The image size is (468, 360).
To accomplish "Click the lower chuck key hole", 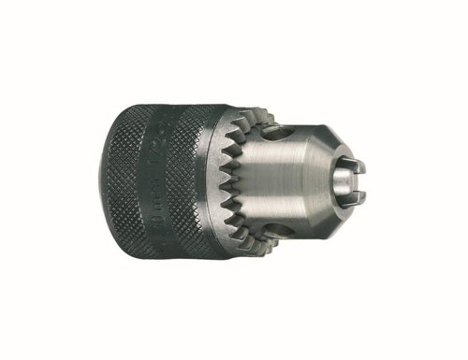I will tap(278, 226).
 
